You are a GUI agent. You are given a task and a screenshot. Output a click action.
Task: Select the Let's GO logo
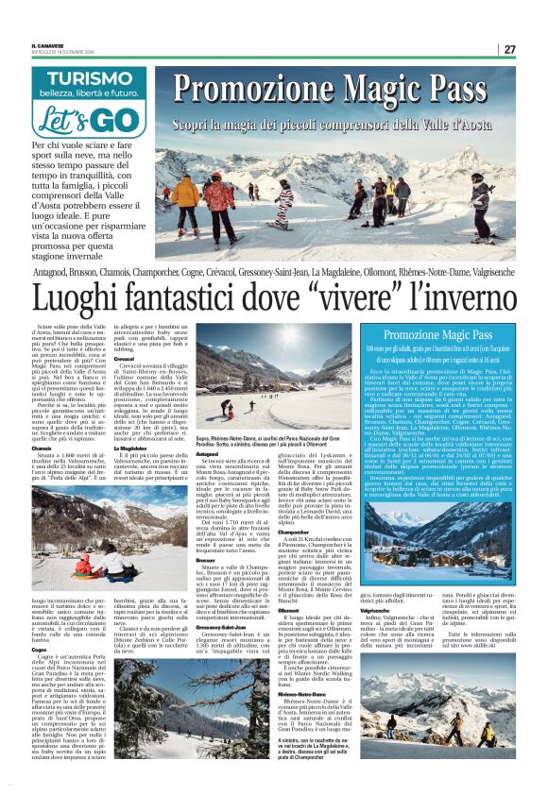90,120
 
